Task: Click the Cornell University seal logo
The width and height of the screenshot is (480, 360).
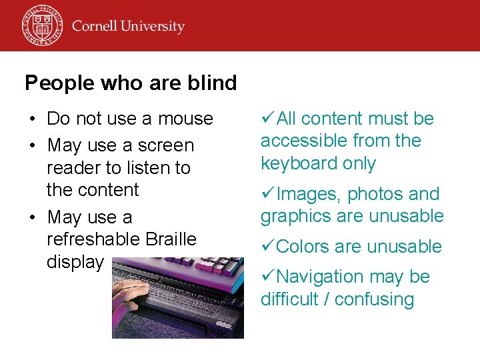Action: [x=42, y=25]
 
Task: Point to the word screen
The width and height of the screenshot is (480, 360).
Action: [x=166, y=145]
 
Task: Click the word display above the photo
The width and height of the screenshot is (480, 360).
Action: [x=75, y=262]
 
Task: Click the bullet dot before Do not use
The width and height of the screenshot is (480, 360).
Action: [x=32, y=119]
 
